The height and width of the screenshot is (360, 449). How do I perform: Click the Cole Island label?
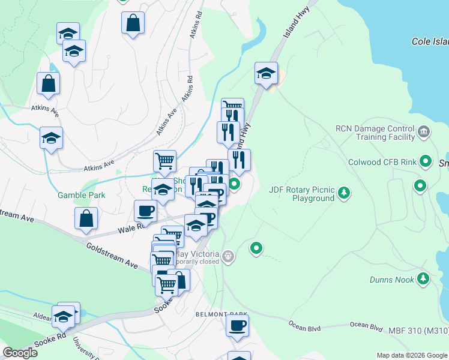click(x=430, y=41)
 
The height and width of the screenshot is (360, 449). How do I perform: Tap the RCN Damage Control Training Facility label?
click(x=375, y=133)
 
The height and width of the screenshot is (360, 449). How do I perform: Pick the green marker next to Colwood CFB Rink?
click(x=426, y=161)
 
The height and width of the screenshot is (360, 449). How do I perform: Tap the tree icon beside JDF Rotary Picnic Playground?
click(x=343, y=193)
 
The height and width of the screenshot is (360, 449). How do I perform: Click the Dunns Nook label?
click(x=390, y=280)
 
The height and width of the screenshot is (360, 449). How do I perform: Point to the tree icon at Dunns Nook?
click(x=423, y=278)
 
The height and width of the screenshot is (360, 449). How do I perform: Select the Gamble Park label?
click(x=81, y=195)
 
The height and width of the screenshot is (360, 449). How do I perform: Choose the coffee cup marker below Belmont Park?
click(x=237, y=326)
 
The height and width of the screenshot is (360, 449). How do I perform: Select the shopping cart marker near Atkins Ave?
click(x=164, y=161)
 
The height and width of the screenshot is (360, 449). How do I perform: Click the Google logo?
click(x=20, y=353)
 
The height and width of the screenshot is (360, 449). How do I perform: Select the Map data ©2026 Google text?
click(x=411, y=355)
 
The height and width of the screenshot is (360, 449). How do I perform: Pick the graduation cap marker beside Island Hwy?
click(x=266, y=74)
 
